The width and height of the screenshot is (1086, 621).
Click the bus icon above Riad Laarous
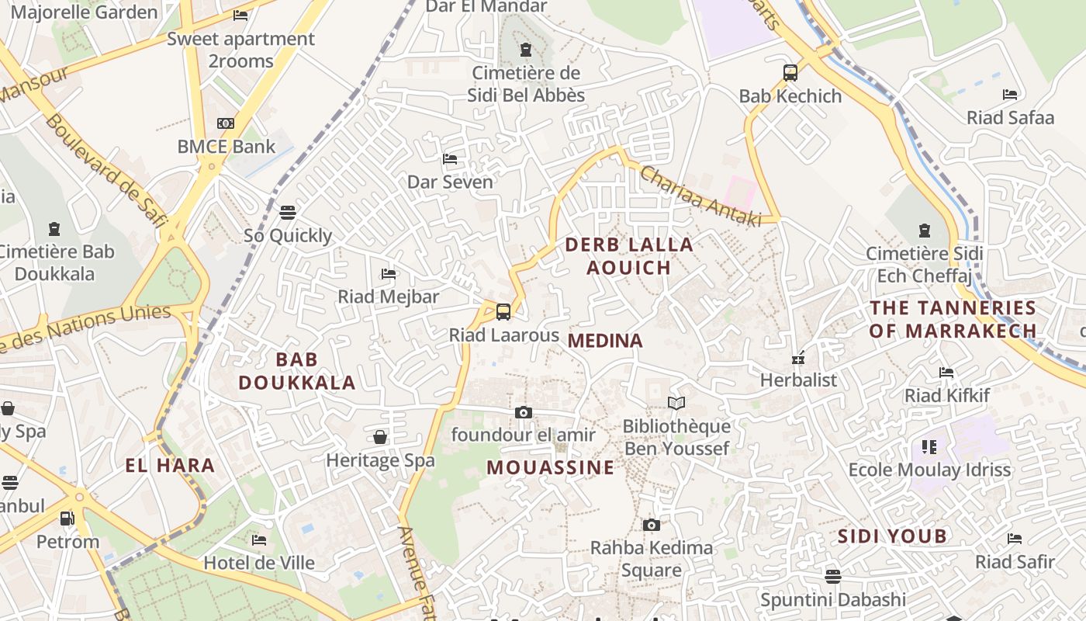click(x=503, y=312)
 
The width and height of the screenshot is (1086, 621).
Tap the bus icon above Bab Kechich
click(x=790, y=73)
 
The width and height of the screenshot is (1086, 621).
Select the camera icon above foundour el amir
click(x=524, y=412)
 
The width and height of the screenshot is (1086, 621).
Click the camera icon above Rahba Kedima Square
click(x=652, y=525)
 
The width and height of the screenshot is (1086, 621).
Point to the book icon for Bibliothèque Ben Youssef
click(x=676, y=403)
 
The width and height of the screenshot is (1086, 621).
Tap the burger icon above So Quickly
click(x=288, y=212)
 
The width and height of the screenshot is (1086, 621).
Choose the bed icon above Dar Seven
click(x=450, y=159)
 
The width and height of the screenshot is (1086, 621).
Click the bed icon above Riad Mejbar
click(x=389, y=273)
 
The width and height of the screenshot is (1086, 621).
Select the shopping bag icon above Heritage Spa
click(x=380, y=437)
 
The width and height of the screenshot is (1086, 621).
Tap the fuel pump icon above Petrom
click(x=67, y=518)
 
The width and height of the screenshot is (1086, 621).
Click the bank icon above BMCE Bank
click(x=226, y=123)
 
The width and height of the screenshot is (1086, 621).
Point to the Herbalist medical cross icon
click(x=797, y=358)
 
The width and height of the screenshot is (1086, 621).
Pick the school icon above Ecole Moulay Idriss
click(x=929, y=446)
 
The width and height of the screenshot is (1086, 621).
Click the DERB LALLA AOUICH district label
click(x=629, y=256)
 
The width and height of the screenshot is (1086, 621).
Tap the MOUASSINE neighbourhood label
click(x=551, y=467)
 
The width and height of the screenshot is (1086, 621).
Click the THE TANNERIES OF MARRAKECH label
click(x=953, y=319)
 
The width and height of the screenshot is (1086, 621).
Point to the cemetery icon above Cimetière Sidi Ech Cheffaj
click(x=924, y=231)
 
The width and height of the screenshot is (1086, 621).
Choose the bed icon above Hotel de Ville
click(x=259, y=539)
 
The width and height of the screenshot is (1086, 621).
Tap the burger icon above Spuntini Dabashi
click(x=833, y=576)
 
